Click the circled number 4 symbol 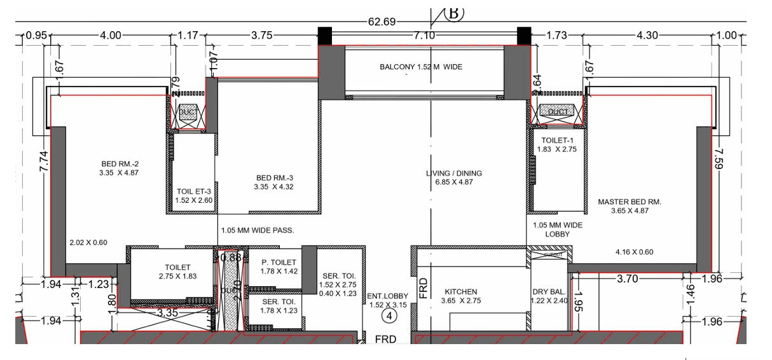(387, 314)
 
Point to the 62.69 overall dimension (382, 22)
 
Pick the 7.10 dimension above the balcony (424, 36)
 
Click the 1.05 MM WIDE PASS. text (257, 231)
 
